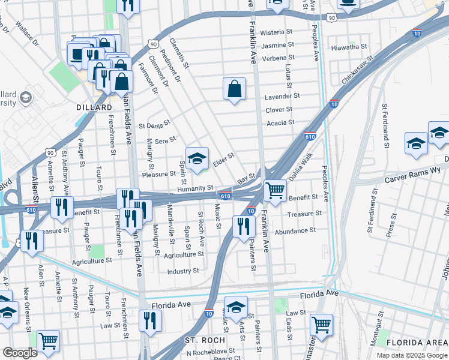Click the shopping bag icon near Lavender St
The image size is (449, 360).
(x=234, y=89)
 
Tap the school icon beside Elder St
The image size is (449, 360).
(x=197, y=158)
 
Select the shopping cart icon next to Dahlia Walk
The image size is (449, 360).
(x=275, y=190)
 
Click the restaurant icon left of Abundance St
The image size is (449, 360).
(x=243, y=226)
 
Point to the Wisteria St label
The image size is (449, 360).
(x=277, y=32)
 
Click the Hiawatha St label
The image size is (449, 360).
(x=349, y=46)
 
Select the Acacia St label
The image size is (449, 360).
(x=280, y=122)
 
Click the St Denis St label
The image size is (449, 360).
(x=154, y=125)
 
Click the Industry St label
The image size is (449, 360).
(x=183, y=271)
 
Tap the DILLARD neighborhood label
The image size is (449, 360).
(x=94, y=107)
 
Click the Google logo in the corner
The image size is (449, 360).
(x=19, y=353)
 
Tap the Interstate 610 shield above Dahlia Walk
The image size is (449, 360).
(x=310, y=136)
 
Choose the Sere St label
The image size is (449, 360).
(x=165, y=140)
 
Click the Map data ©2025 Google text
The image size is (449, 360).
(x=411, y=355)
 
